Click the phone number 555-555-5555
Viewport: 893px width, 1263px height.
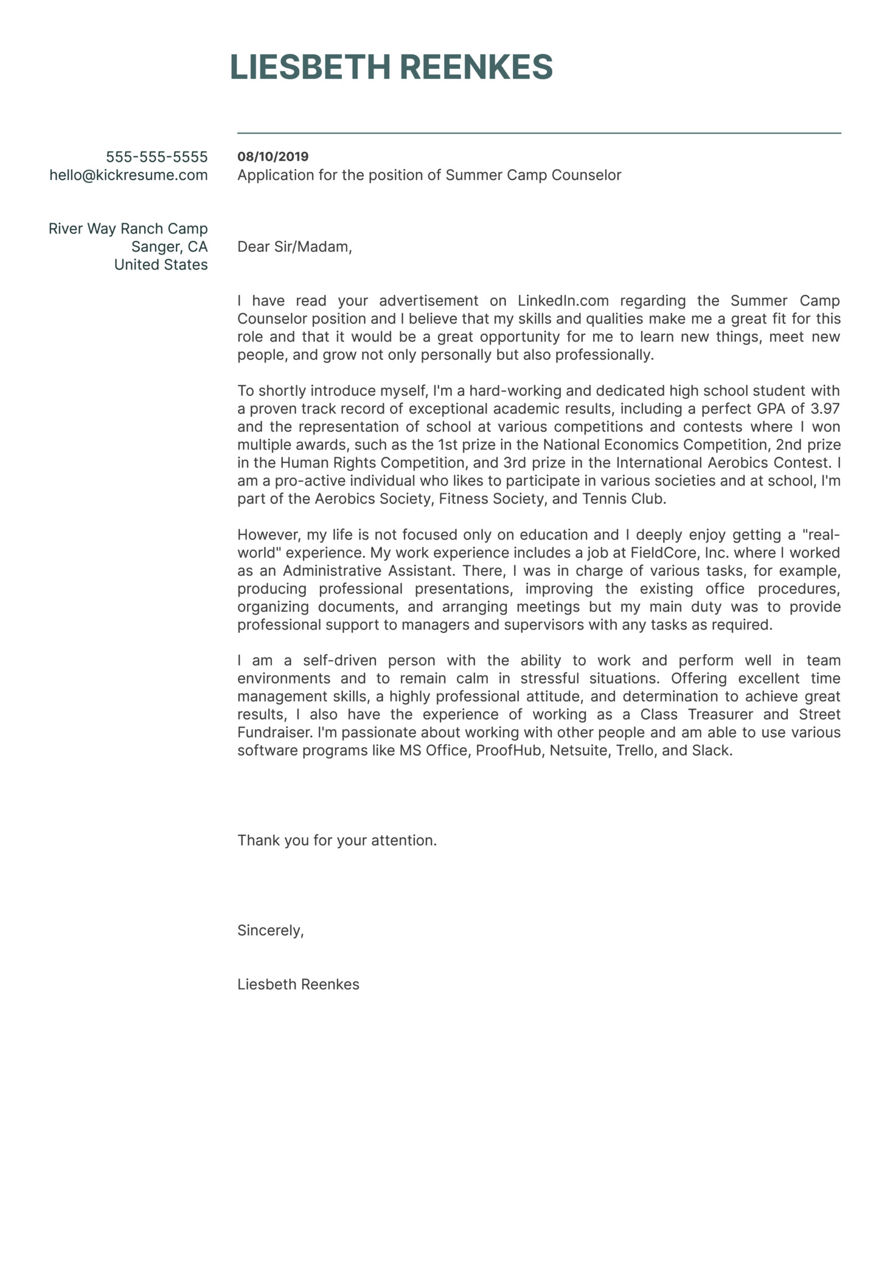(157, 157)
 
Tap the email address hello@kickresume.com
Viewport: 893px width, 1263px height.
(128, 175)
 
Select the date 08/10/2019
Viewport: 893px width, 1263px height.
(273, 156)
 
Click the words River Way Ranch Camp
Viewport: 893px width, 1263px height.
(128, 229)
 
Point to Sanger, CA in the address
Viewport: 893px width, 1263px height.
(169, 246)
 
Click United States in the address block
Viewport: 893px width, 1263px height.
(161, 265)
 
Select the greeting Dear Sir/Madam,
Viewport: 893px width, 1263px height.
(294, 246)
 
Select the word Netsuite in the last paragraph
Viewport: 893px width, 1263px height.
(578, 750)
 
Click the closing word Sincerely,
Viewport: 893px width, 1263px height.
(270, 930)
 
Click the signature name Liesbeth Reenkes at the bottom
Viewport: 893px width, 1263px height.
(298, 984)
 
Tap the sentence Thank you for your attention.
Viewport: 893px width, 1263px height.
(337, 840)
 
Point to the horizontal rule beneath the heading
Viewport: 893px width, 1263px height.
(539, 133)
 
